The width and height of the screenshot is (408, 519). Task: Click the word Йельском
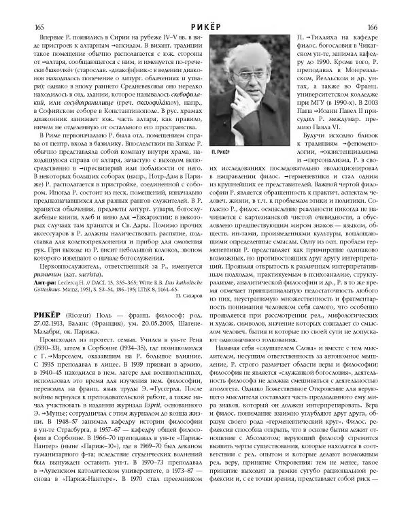[x=319, y=78]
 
